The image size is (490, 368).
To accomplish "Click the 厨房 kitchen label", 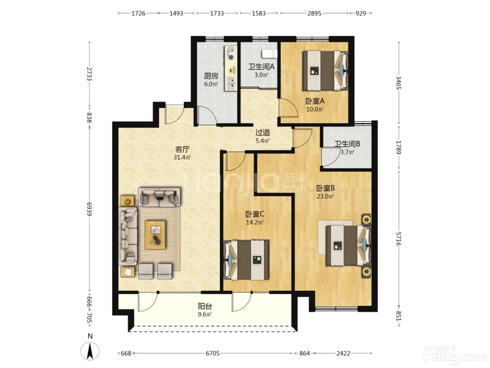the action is click(x=211, y=76).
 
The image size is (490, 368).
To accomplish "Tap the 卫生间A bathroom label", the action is click(x=261, y=67).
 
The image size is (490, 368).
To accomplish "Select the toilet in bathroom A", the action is click(x=269, y=54).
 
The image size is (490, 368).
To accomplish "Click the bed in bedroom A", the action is click(x=325, y=70).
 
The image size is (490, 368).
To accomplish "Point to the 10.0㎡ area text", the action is click(x=315, y=109).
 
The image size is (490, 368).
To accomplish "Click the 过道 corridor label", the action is click(x=262, y=132).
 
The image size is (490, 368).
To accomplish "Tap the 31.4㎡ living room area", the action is click(x=182, y=157).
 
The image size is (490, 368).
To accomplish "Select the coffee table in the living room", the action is click(x=155, y=235).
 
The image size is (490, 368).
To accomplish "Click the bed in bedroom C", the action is click(x=246, y=260).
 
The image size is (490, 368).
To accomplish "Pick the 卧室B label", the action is click(x=325, y=188).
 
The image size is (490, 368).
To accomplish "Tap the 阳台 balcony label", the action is click(x=205, y=306).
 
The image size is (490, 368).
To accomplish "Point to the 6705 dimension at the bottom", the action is click(x=212, y=353).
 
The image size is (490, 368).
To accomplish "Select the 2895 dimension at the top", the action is click(x=314, y=13).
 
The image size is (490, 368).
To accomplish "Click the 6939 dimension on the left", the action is click(x=89, y=209).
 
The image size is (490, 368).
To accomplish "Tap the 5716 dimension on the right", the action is click(x=398, y=239).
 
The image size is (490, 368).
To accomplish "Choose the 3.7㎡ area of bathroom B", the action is click(x=347, y=152).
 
